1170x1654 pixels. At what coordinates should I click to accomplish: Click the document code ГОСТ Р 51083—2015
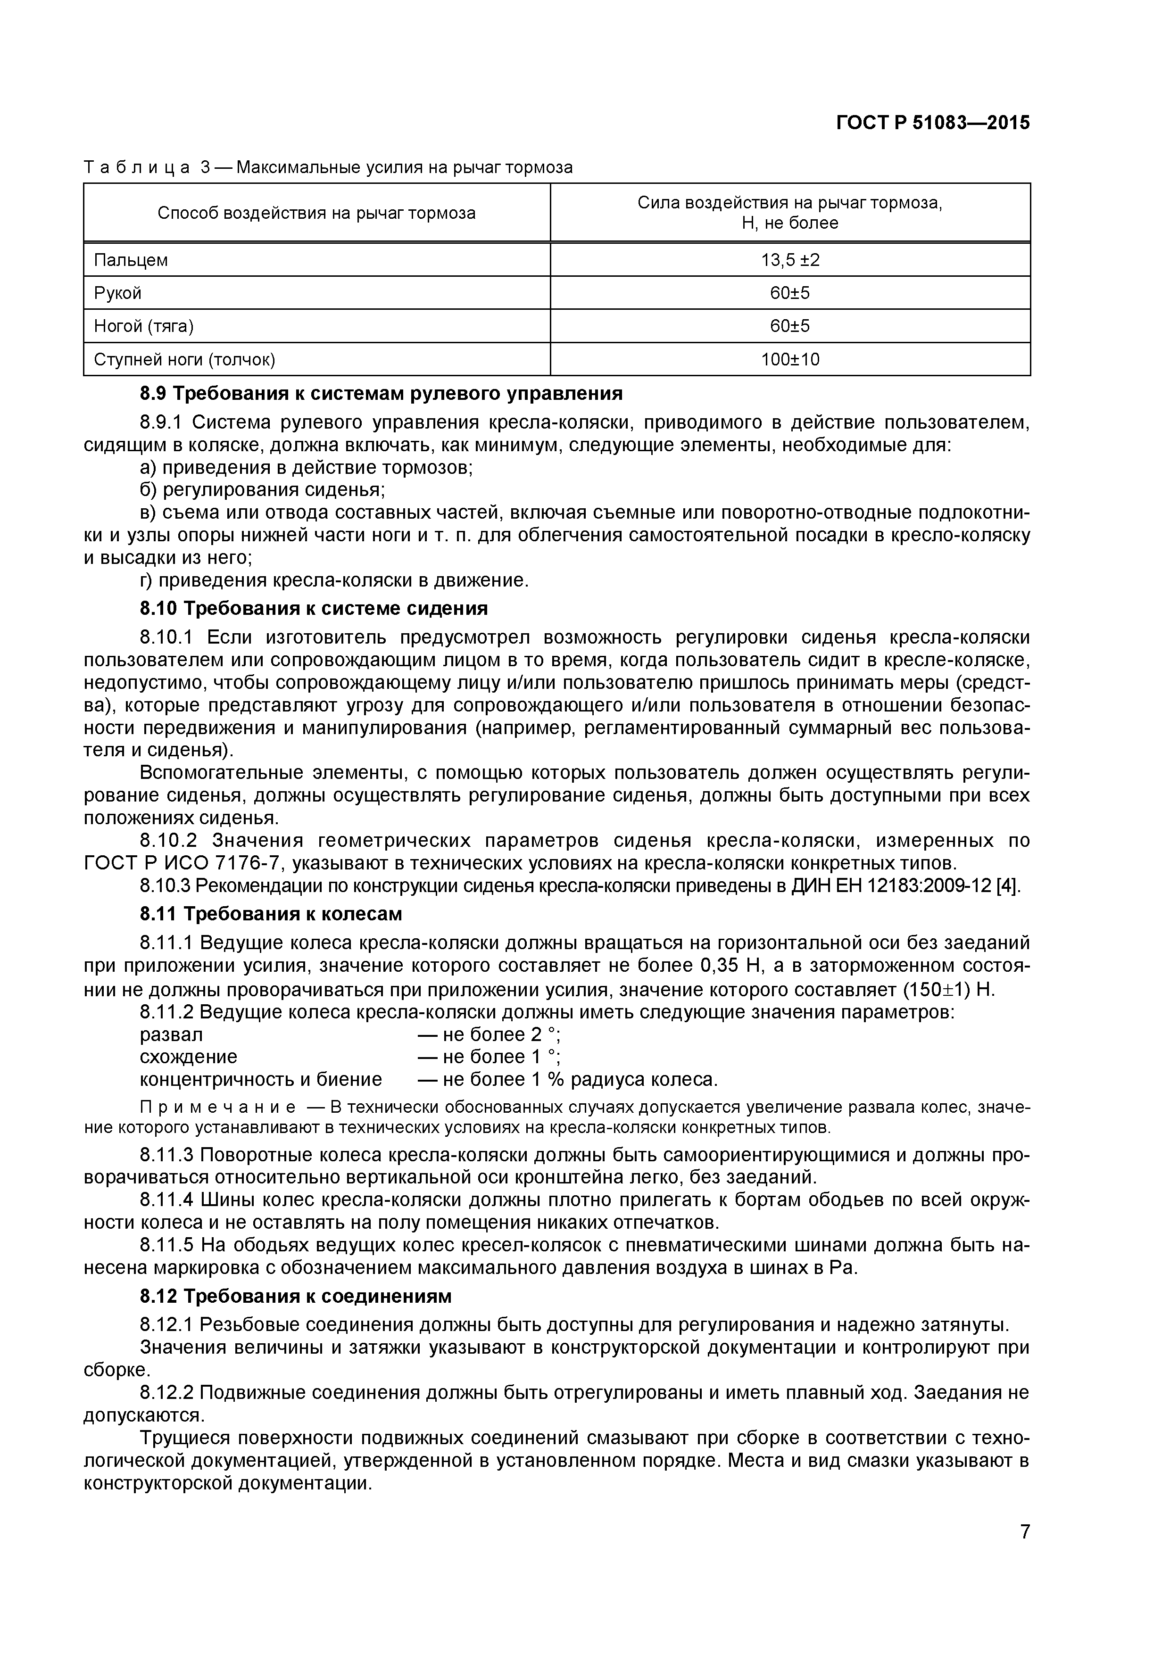point(932,123)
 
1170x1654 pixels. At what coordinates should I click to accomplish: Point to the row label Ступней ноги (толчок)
point(184,359)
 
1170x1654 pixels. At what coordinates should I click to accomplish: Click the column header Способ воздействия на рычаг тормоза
point(316,213)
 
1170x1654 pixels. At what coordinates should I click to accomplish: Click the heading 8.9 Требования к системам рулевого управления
point(381,393)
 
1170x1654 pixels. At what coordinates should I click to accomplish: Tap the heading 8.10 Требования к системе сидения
point(314,608)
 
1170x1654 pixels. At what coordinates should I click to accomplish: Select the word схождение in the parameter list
point(188,1057)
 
